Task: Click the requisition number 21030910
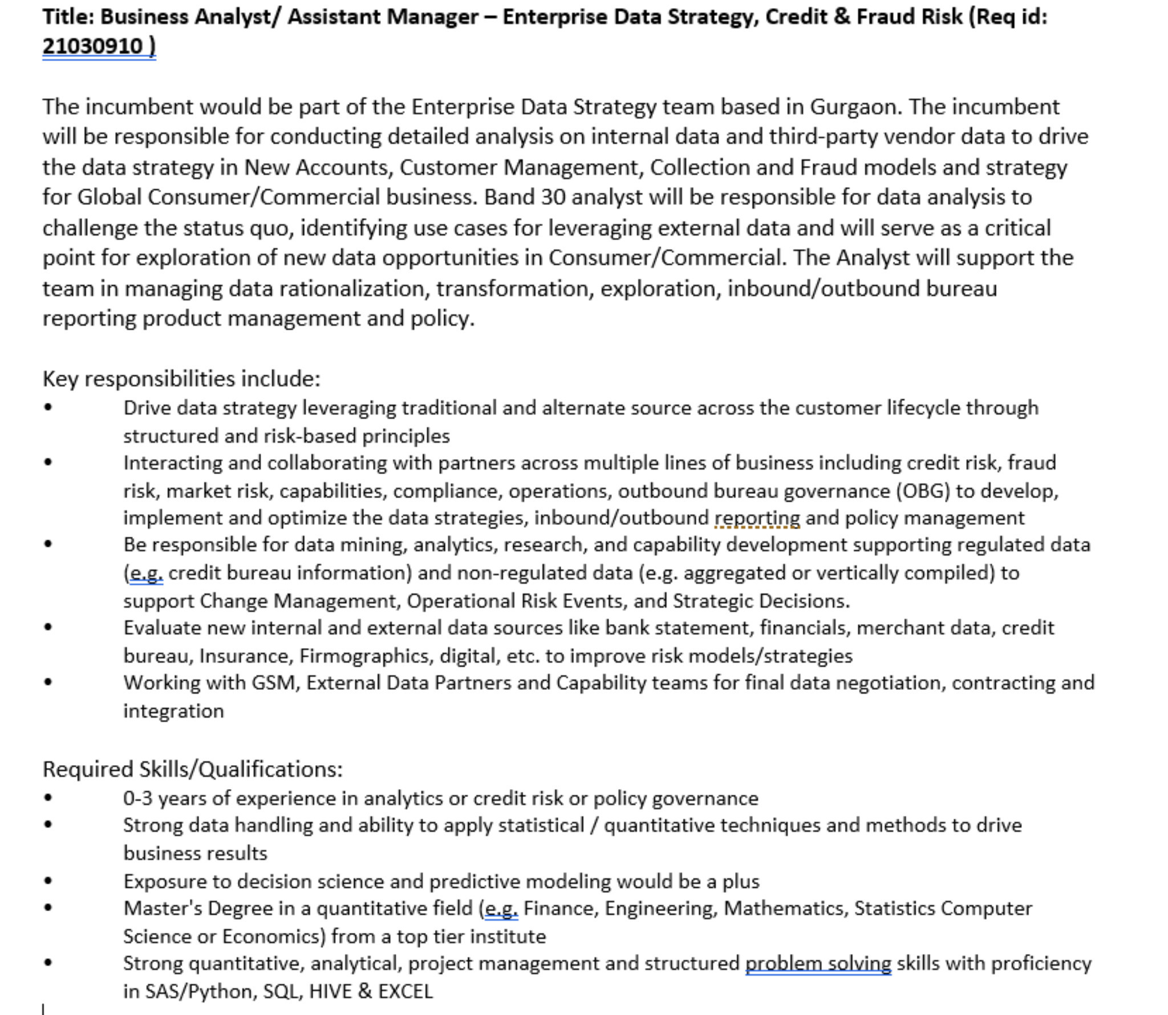(92, 46)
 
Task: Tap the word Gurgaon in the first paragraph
(854, 107)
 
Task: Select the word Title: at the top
(68, 17)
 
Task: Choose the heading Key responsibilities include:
(181, 378)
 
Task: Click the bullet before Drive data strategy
(48, 407)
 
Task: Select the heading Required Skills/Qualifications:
(193, 769)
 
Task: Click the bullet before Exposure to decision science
(48, 881)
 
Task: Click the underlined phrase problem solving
(818, 964)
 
